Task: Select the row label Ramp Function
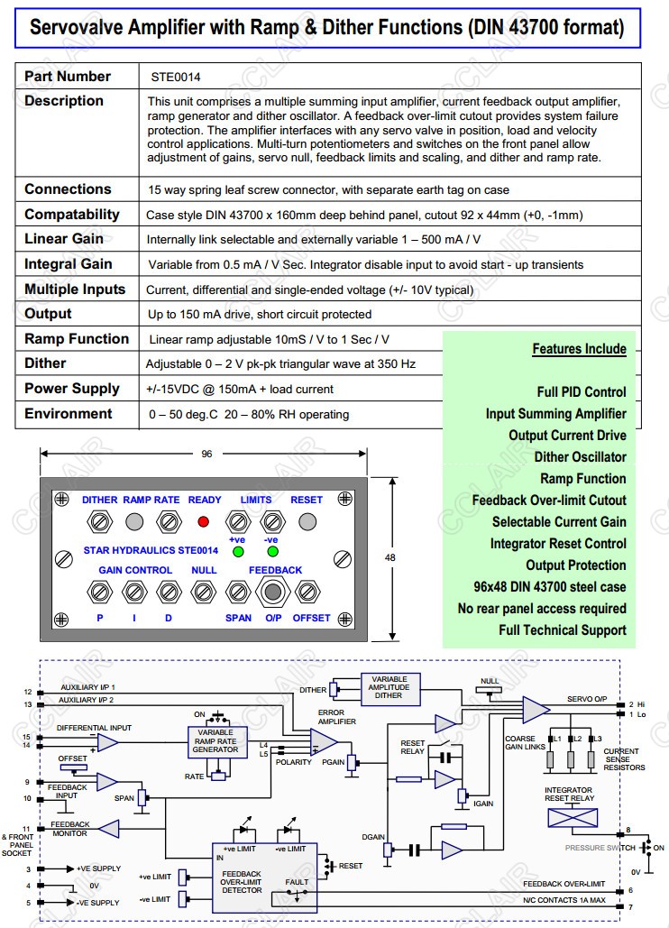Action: tap(77, 339)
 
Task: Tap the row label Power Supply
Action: tap(71, 389)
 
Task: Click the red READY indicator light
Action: tap(203, 521)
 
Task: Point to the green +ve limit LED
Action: tap(238, 551)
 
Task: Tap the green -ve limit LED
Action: tap(271, 551)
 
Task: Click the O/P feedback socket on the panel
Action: tap(272, 592)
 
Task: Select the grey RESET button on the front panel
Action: tap(307, 521)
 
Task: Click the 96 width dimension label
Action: tap(207, 454)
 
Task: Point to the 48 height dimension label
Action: tap(390, 558)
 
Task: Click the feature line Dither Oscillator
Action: tap(580, 457)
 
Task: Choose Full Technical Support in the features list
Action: tap(562, 630)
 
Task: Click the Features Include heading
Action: tap(579, 349)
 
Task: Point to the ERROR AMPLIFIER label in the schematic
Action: tap(331, 718)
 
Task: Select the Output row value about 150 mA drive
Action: tap(259, 314)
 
